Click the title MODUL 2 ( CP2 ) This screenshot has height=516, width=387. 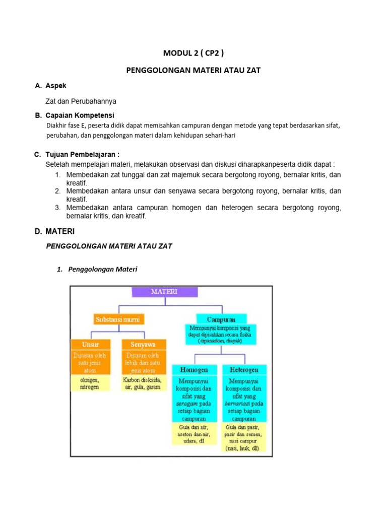pyautogui.click(x=193, y=53)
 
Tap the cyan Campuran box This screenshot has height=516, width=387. pyautogui.click(x=221, y=319)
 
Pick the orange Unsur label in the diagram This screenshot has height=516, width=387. pyautogui.click(x=91, y=344)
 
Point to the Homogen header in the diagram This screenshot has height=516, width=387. pyautogui.click(x=194, y=369)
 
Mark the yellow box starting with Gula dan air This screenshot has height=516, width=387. pyautogui.click(x=194, y=434)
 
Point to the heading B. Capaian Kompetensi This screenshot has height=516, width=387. pyautogui.click(x=75, y=115)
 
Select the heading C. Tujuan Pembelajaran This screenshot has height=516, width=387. pyautogui.click(x=77, y=154)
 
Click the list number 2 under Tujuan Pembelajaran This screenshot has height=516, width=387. pyautogui.click(x=58, y=191)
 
